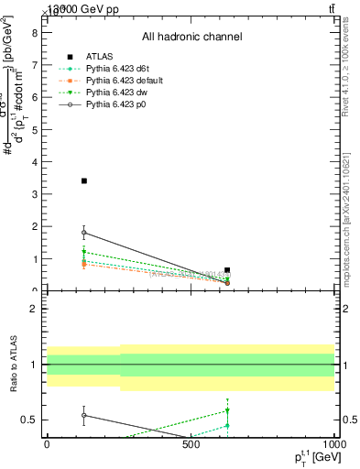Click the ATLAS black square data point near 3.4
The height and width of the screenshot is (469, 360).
pyautogui.click(x=83, y=180)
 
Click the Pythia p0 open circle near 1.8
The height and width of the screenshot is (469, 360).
pyautogui.click(x=83, y=233)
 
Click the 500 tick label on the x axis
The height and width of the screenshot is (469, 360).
pyautogui.click(x=191, y=445)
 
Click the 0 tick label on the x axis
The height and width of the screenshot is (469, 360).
pyautogui.click(x=47, y=445)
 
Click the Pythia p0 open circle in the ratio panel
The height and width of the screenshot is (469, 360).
pyautogui.click(x=83, y=415)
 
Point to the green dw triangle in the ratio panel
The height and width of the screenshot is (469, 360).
pyautogui.click(x=227, y=410)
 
